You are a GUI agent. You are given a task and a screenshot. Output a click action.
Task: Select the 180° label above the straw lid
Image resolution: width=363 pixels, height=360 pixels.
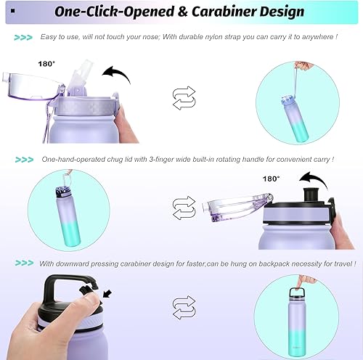46,64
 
